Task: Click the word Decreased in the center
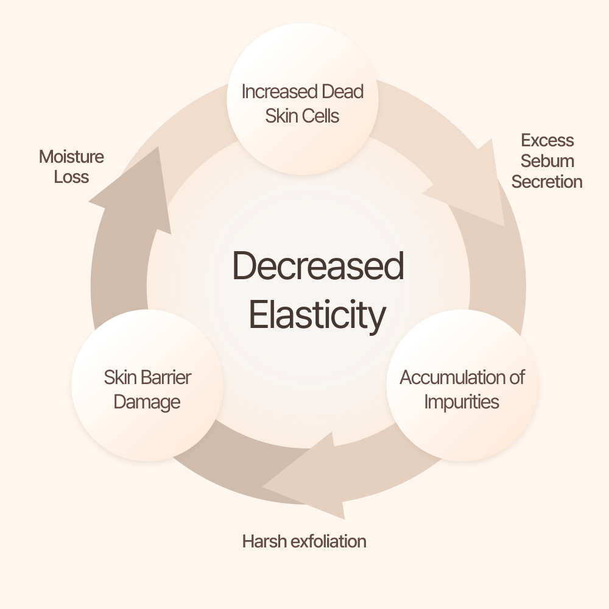(318, 266)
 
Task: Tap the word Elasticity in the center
(317, 315)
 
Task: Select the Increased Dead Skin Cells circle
(303, 99)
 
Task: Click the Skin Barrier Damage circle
(147, 385)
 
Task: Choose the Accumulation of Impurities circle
(462, 385)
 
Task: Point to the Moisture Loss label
(71, 167)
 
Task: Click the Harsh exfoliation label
(304, 541)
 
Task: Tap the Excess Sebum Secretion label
(547, 161)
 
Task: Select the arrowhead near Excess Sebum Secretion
(472, 185)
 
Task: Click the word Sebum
(547, 161)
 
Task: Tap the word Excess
(547, 140)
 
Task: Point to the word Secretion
(547, 182)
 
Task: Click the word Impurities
(462, 402)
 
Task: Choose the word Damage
(147, 402)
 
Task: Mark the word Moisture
(71, 157)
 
